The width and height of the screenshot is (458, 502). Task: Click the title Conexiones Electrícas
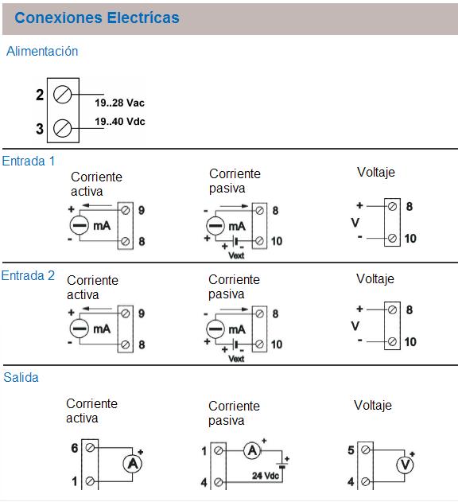tap(97, 18)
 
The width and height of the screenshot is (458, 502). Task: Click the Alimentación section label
tap(42, 51)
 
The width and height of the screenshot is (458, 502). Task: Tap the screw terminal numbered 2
tap(62, 95)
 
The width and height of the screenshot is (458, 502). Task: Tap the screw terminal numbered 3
tap(62, 128)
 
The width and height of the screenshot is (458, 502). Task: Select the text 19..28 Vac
tap(119, 103)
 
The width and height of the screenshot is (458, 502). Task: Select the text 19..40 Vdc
tap(120, 122)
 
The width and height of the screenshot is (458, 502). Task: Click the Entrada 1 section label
tap(28, 161)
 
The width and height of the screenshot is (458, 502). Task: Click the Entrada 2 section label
tap(28, 275)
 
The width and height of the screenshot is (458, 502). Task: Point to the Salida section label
tap(21, 377)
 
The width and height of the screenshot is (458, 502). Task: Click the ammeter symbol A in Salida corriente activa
tap(133, 464)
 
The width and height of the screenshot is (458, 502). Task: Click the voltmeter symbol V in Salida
tap(405, 465)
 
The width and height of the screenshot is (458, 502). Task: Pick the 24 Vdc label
tap(266, 476)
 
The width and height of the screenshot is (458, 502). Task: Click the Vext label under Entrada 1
tap(236, 255)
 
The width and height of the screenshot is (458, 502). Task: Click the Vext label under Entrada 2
tap(236, 359)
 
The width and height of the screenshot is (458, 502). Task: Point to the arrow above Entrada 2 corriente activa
tap(97, 309)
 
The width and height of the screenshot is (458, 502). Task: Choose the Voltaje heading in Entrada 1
tap(376, 173)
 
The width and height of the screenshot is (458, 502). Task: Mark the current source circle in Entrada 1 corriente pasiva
tap(215, 226)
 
